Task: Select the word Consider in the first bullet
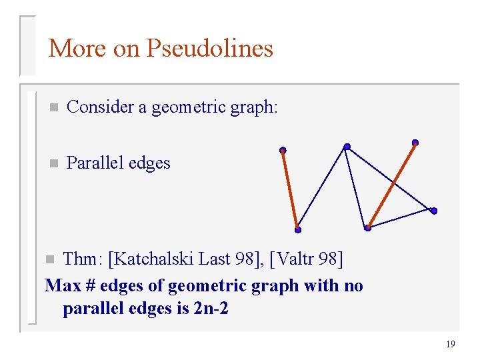click(x=100, y=107)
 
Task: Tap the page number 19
click(x=450, y=344)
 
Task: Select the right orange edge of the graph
click(x=391, y=185)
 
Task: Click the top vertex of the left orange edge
click(x=283, y=150)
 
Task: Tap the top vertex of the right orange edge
click(x=415, y=142)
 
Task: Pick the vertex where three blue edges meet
click(x=347, y=147)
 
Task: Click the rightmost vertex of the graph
click(x=434, y=211)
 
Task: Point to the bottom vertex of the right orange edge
click(x=367, y=228)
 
